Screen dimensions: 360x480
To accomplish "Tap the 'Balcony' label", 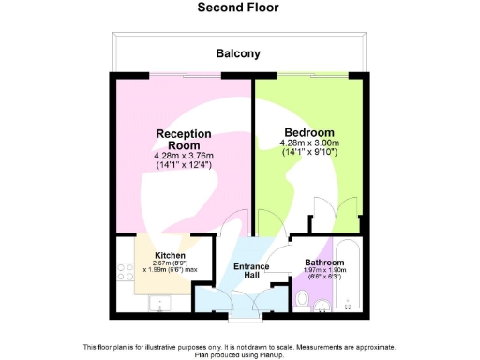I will (238, 54).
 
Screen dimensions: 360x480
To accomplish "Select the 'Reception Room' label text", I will (183, 140).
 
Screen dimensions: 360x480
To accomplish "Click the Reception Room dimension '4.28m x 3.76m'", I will (183, 156).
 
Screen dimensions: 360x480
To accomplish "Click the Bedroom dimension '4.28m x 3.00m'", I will (307, 143).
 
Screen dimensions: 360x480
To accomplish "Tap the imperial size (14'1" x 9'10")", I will (307, 153).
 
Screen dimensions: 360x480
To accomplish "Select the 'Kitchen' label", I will (170, 255).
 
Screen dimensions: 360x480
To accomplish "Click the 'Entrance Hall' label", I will (251, 272).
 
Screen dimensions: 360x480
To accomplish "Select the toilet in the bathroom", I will (302, 298).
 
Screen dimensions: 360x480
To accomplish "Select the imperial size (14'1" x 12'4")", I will (183, 165).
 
